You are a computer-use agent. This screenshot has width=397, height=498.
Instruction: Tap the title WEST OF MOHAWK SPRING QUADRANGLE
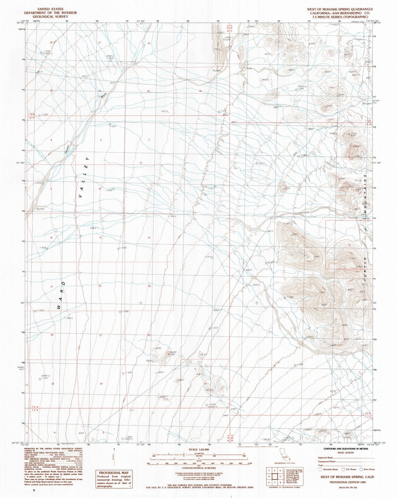point(340,9)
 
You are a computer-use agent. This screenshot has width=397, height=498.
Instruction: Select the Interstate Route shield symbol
point(320,469)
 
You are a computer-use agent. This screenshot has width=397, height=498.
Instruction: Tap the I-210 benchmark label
point(215,328)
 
